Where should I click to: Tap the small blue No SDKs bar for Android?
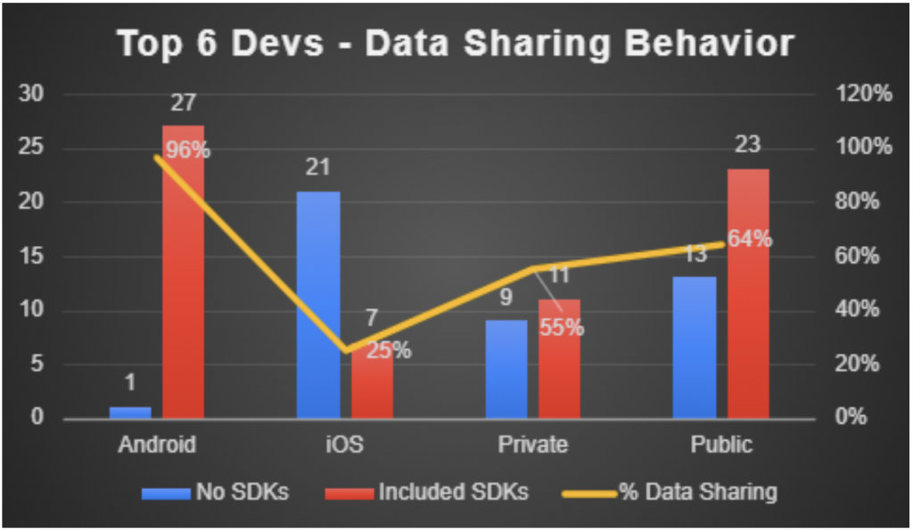[x=130, y=412]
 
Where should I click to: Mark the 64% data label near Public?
[x=749, y=240]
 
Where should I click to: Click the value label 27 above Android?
[x=182, y=103]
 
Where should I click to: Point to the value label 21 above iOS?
[x=318, y=168]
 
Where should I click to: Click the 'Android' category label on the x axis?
[x=157, y=444]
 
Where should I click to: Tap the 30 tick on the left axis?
[x=42, y=94]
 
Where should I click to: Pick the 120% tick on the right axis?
[x=861, y=94]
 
